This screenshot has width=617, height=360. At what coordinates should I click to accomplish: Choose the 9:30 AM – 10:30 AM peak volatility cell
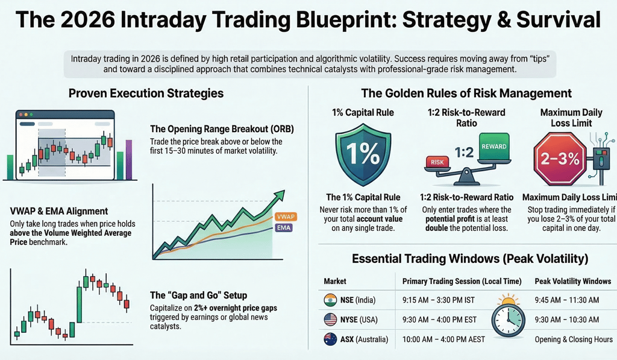click(566, 320)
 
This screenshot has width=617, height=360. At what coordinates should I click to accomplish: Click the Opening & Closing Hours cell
click(573, 339)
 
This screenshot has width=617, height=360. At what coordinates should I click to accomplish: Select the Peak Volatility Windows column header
click(572, 282)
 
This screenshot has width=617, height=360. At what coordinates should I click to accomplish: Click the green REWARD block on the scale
click(493, 147)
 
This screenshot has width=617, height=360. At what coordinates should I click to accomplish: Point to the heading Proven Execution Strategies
click(146, 93)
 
